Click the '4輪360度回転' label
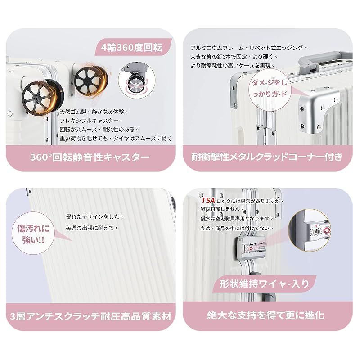[x=131, y=47]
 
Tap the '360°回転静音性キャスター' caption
[x=90, y=157]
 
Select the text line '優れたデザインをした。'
[x=94, y=216]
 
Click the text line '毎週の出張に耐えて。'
[x=92, y=228]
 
